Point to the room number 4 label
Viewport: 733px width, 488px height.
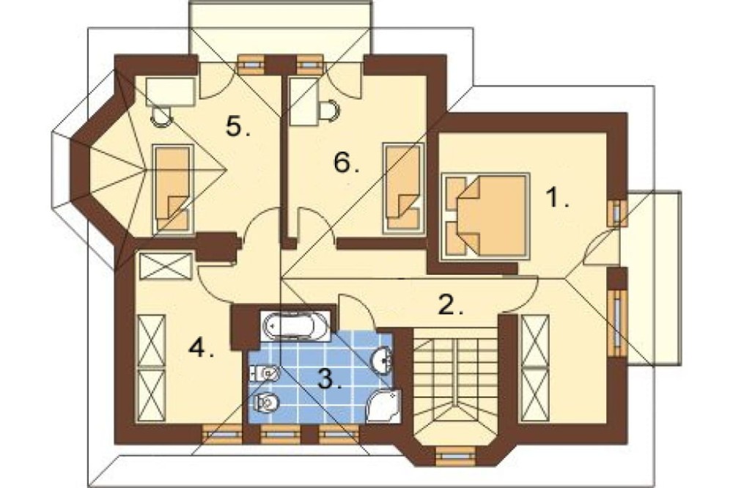[201, 347]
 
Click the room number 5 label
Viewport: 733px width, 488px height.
[237, 125]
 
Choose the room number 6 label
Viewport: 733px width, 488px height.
[347, 163]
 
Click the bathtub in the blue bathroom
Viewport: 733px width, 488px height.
[295, 325]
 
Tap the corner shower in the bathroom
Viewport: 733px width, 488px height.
[383, 406]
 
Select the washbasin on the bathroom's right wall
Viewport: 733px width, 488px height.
[383, 360]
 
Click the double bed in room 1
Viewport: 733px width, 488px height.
[485, 216]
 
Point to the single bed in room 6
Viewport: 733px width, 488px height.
[403, 188]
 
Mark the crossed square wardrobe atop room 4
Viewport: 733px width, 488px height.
[166, 267]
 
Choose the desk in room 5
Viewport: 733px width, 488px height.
[170, 92]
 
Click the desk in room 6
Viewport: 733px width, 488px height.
[304, 101]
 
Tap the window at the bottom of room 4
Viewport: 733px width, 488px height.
[222, 434]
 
